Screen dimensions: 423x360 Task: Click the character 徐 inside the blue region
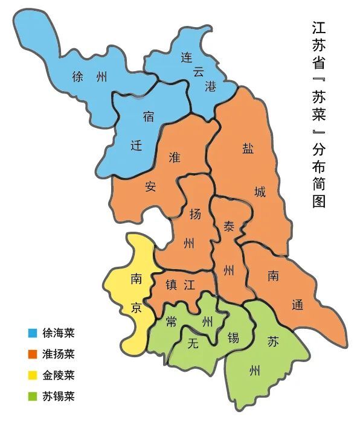(77, 77)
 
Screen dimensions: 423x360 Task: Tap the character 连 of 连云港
(186, 58)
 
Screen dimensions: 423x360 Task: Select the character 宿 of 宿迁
(148, 115)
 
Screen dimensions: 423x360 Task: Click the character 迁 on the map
(137, 145)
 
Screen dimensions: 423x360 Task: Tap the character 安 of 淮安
(150, 186)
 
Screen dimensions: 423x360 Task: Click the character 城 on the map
(260, 193)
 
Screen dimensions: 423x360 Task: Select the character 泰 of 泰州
(229, 226)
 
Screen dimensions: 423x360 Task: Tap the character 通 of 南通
(297, 305)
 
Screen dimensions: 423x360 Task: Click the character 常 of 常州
(172, 321)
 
